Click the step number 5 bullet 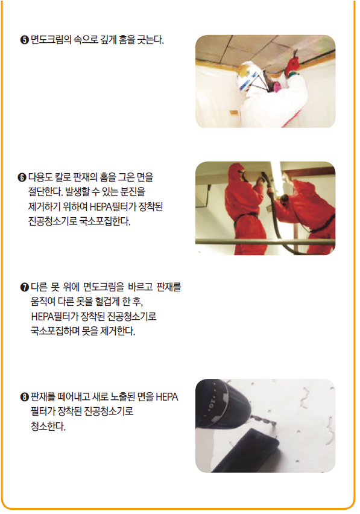point(25,40)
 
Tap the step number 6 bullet point(22,177)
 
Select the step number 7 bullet point(25,287)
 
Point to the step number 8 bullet point(25,397)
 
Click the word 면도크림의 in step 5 point(51,40)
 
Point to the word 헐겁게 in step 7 point(107,301)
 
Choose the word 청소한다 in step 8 point(48,426)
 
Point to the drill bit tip point(274,424)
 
